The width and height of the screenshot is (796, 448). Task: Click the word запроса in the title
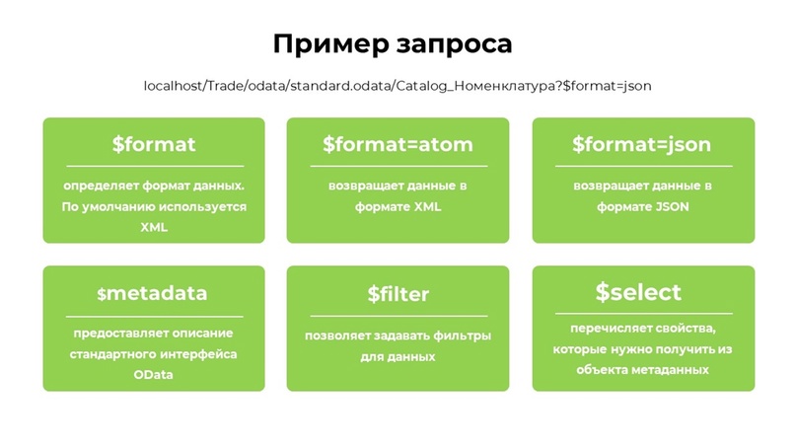(x=455, y=45)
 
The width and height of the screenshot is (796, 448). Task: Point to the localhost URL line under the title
(x=398, y=86)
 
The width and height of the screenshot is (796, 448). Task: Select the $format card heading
(x=154, y=144)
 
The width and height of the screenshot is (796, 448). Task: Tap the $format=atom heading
(x=398, y=144)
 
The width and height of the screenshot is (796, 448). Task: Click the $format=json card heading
(x=642, y=145)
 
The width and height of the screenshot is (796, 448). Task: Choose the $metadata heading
(x=152, y=293)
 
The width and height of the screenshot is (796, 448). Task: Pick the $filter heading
(x=398, y=294)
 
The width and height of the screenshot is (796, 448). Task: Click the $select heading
(x=638, y=292)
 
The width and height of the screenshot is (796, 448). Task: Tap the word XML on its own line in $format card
(x=154, y=227)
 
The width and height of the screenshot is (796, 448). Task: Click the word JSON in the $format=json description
(x=672, y=206)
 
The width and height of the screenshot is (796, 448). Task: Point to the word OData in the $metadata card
(x=153, y=375)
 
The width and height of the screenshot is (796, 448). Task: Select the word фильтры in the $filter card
(x=467, y=336)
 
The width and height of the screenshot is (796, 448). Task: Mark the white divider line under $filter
(x=398, y=316)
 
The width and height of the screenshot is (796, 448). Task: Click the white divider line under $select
(x=644, y=314)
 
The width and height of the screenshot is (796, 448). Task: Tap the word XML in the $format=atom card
(x=427, y=206)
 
